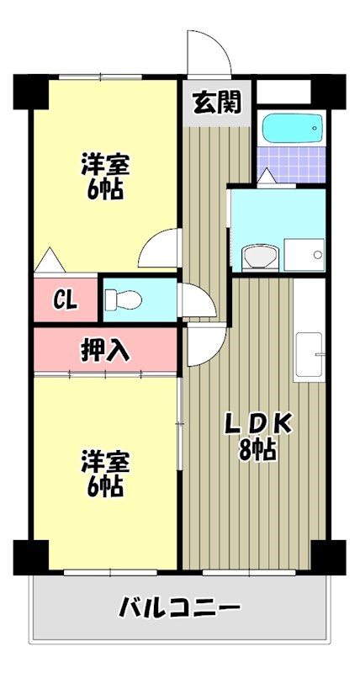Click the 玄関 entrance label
point(217,103)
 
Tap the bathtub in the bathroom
point(292,128)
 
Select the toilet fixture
point(123,299)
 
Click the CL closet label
point(66,299)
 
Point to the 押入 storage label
point(105,351)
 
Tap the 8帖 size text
point(257,450)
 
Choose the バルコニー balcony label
point(180,607)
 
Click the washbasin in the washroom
point(261,257)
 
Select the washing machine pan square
point(304,255)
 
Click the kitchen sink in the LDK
point(309,354)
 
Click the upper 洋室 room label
point(105,164)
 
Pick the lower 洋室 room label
point(105,461)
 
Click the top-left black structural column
point(30,92)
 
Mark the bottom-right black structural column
point(328,558)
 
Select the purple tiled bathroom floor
point(291,164)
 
